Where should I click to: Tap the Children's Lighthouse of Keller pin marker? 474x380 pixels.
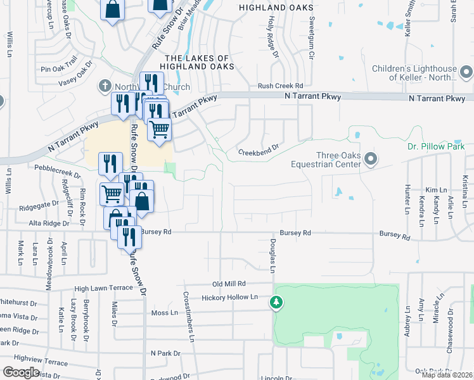466,70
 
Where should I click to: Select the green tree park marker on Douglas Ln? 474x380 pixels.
276,303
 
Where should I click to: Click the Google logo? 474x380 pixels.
21,372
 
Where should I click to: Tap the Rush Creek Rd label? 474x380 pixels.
280,86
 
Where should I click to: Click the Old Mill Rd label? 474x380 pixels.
228,284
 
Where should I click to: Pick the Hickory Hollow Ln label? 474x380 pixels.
231,297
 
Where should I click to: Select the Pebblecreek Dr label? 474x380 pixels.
58,170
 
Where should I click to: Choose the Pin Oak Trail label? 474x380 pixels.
58,64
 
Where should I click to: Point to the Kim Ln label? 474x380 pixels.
436,190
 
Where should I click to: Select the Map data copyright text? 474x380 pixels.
447,375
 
